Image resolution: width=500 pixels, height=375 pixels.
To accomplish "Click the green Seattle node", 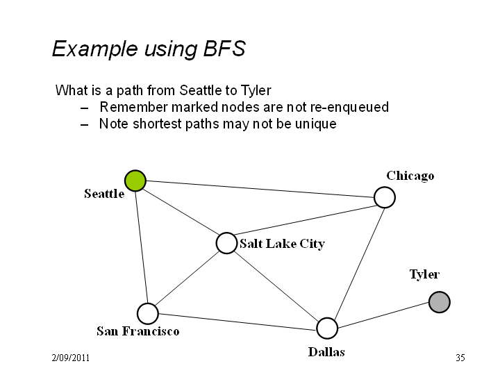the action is click(x=135, y=181).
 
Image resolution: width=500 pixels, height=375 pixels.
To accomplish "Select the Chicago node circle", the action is click(x=385, y=197).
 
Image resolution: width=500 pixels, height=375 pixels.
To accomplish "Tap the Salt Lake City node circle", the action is click(x=226, y=243).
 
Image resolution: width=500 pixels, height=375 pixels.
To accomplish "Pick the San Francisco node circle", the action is click(x=148, y=313).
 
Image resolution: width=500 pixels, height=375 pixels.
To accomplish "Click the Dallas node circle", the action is click(x=327, y=328).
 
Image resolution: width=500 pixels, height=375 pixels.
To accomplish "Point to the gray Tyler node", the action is click(x=440, y=302).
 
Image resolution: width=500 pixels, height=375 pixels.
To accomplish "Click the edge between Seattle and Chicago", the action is click(x=260, y=189).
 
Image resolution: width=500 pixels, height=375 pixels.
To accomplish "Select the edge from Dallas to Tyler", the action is click(x=383, y=315).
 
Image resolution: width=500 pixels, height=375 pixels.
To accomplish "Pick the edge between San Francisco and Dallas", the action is click(x=237, y=321).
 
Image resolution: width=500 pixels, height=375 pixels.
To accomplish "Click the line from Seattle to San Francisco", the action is click(x=142, y=247).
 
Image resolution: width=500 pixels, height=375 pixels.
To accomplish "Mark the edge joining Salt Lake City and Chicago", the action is click(x=306, y=220).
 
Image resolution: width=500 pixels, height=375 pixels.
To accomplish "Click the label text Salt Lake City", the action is click(x=282, y=244).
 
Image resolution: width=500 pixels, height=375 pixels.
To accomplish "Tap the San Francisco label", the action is click(x=137, y=331).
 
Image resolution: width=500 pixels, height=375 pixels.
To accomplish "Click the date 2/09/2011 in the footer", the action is click(x=70, y=358).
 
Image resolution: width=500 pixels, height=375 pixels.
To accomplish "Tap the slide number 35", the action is click(x=460, y=358).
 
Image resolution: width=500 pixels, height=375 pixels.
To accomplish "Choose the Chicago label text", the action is click(x=410, y=176).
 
